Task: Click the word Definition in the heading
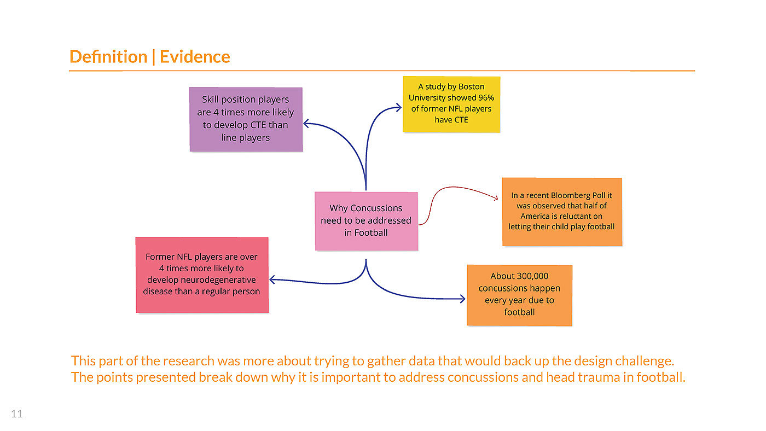coord(108,57)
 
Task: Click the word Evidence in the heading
coord(195,57)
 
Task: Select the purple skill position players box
coord(246,119)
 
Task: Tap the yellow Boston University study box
coord(451,104)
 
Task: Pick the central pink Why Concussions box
coord(366,221)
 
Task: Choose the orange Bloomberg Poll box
coord(562,211)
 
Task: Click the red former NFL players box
coord(202,275)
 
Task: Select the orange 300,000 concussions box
coord(519,295)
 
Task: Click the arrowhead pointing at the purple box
coord(306,124)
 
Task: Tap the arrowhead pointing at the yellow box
coord(399,108)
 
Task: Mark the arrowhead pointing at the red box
coord(272,280)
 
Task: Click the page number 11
coord(17,414)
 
